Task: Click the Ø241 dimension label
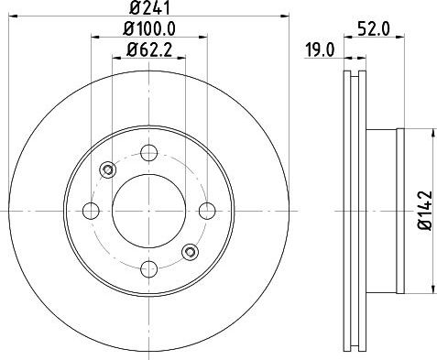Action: pyautogui.click(x=149, y=8)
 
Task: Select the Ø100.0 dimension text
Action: pyautogui.click(x=149, y=29)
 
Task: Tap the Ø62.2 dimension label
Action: pyautogui.click(x=149, y=49)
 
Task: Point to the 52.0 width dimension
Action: pyautogui.click(x=374, y=29)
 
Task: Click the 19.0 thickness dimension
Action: pyautogui.click(x=321, y=50)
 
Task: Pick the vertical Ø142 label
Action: pyautogui.click(x=425, y=211)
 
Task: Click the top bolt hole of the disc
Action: pyautogui.click(x=149, y=153)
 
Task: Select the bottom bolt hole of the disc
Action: pyautogui.click(x=149, y=269)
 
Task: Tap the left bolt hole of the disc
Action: pyautogui.click(x=91, y=211)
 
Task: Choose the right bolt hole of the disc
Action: pyautogui.click(x=207, y=211)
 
